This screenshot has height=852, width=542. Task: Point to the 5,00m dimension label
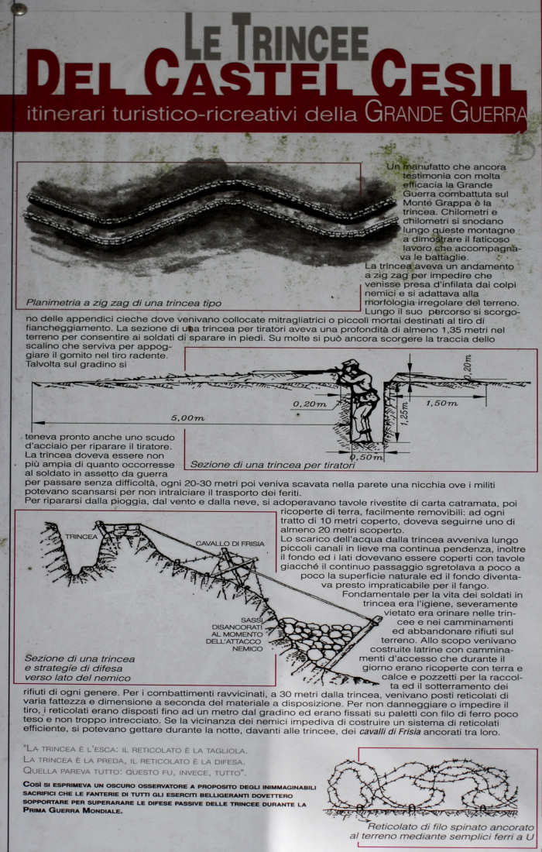187,417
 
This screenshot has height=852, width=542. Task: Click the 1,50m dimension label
441,403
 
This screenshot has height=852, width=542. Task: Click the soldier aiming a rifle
358,399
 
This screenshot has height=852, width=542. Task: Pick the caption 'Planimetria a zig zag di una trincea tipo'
124,303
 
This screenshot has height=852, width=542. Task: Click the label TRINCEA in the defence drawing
81,536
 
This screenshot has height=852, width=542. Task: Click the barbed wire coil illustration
422,784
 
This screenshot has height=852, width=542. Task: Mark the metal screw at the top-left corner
19,9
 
